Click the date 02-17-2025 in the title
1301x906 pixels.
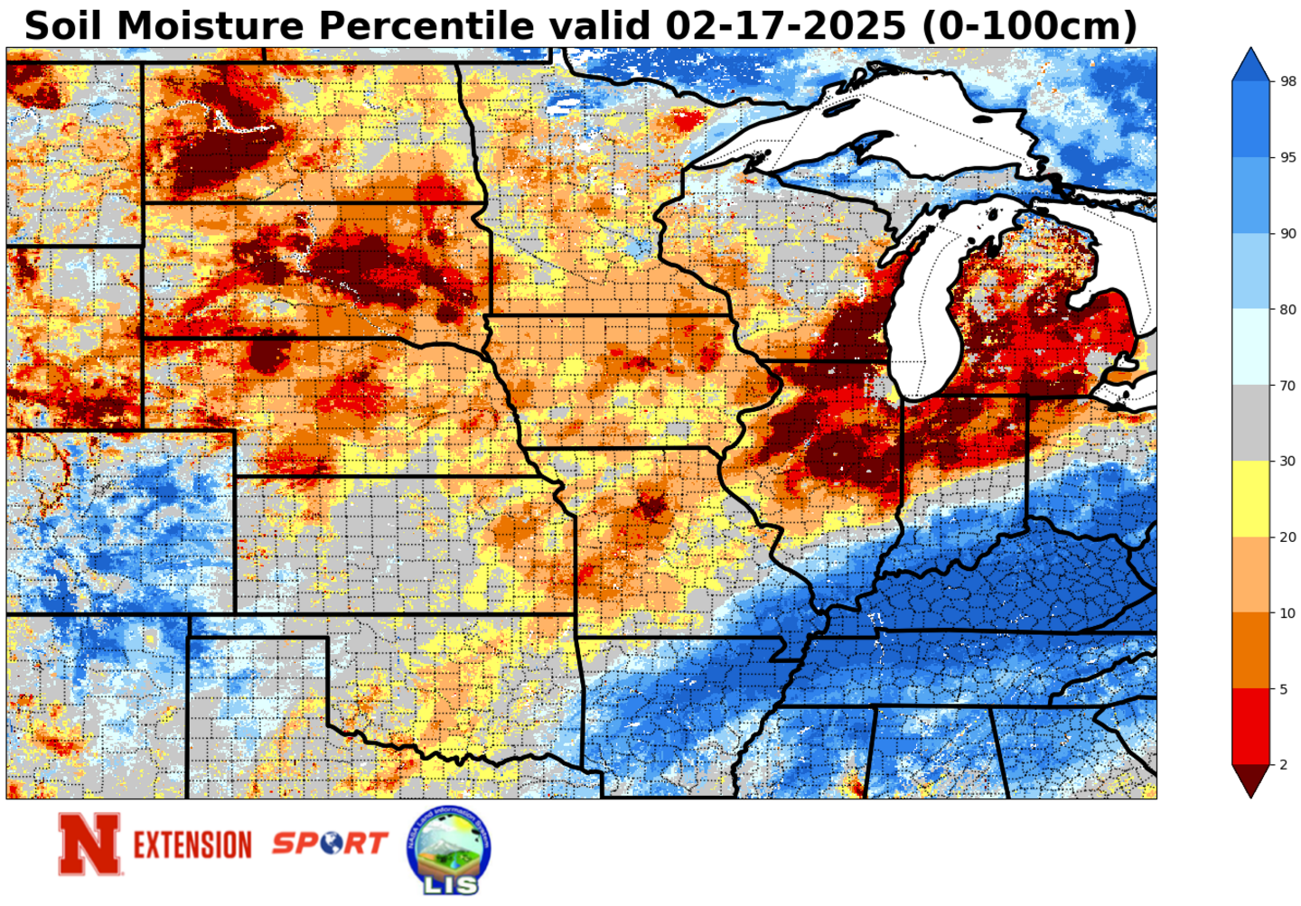tap(784, 25)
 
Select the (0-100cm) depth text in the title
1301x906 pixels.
tap(1028, 25)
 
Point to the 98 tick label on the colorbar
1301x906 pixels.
tap(1288, 81)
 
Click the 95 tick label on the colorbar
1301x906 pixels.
tap(1288, 157)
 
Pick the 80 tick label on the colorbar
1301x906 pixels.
tap(1288, 310)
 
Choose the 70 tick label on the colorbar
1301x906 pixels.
tap(1288, 386)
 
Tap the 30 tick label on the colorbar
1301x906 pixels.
tap(1288, 462)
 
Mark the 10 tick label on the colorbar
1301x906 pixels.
tap(1288, 613)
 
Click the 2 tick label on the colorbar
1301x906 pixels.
tap(1284, 765)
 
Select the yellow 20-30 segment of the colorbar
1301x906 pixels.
tap(1250, 500)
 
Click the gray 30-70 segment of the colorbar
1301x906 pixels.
tap(1250, 424)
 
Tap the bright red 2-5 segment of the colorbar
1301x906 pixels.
tap(1250, 727)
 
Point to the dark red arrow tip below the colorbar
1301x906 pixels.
tap(1250, 782)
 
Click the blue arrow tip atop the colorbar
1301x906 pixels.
tap(1250, 63)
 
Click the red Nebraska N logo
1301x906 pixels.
tap(89, 844)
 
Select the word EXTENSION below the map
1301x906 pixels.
tap(192, 845)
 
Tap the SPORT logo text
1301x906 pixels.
tap(330, 844)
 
